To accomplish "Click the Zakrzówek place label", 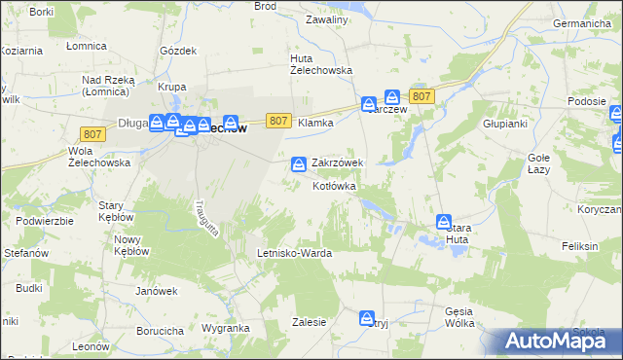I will coord(337,163).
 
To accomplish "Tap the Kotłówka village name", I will coord(335,186).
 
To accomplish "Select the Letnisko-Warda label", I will coord(294,253).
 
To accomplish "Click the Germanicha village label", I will coord(581,22).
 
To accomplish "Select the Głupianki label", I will coord(505,124).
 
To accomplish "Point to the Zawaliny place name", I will coord(326,19).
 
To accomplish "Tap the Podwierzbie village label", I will coord(45,221).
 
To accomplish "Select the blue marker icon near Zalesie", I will coord(367,318).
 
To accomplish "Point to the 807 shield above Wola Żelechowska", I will coord(94,134).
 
